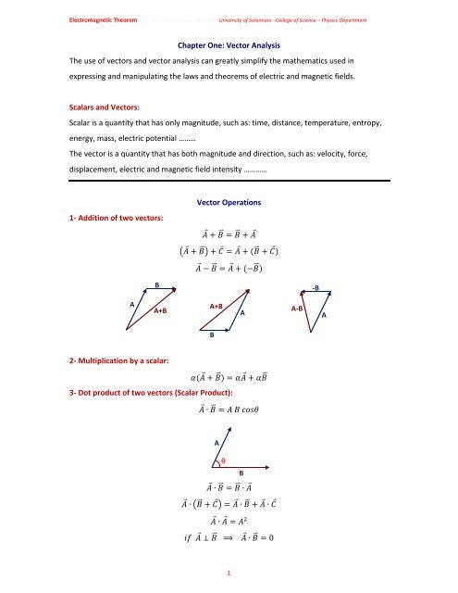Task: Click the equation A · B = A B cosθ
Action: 229,435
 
